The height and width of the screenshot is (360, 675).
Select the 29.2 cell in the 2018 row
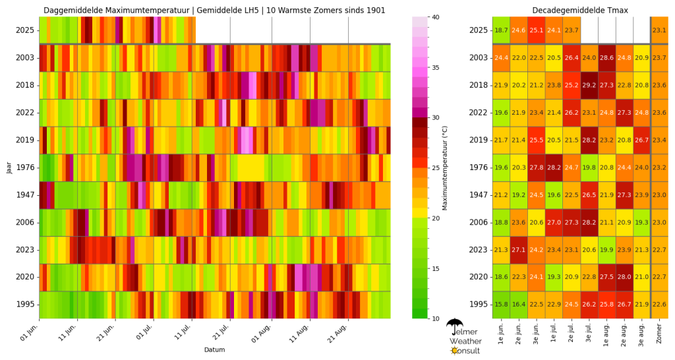[589, 85]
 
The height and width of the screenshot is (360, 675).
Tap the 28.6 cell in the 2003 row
[606, 58]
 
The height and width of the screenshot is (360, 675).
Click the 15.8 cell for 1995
[501, 304]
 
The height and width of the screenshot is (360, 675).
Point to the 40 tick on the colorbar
[435, 16]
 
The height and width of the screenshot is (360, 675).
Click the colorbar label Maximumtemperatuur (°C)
[445, 167]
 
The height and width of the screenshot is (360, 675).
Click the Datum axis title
[214, 349]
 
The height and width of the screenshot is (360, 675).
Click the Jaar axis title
[9, 167]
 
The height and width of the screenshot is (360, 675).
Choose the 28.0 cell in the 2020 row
[624, 277]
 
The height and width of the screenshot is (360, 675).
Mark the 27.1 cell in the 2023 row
[519, 249]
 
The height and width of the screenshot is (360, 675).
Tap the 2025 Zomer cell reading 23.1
[659, 30]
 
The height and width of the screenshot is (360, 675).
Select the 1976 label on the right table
[478, 167]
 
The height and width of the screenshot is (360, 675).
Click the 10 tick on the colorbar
[435, 318]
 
